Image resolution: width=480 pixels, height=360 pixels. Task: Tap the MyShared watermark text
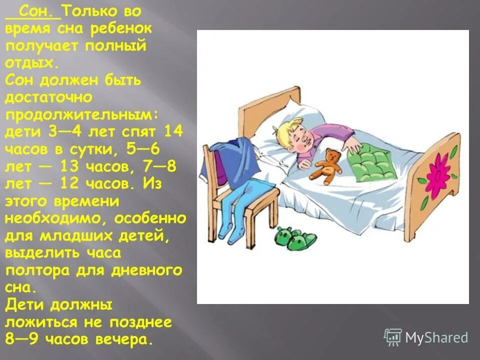436,337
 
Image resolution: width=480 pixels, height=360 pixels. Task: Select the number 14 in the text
173,132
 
